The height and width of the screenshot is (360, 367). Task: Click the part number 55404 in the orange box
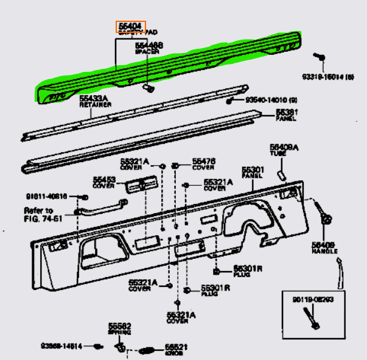click(130, 26)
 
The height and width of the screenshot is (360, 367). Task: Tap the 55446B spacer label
click(149, 46)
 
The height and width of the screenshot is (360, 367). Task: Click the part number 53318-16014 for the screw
click(328, 77)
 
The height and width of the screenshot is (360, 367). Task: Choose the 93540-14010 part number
click(267, 99)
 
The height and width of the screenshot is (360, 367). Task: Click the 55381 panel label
click(286, 113)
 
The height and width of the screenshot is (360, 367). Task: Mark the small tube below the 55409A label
click(282, 174)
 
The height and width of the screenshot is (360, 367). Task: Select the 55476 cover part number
click(203, 161)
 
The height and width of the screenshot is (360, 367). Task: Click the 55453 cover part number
click(104, 180)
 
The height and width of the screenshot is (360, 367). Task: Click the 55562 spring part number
click(120, 326)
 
